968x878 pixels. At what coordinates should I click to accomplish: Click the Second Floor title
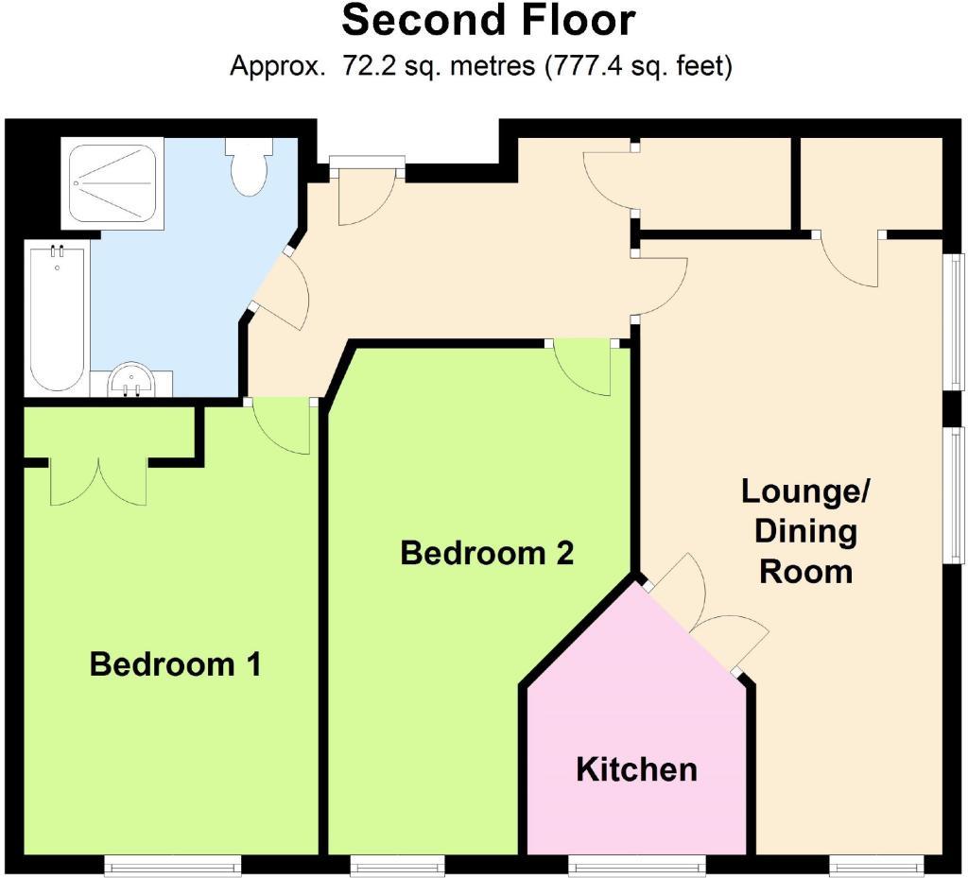pyautogui.click(x=488, y=21)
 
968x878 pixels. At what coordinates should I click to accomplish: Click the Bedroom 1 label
pyautogui.click(x=175, y=664)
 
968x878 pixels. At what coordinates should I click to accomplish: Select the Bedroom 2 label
pyautogui.click(x=487, y=553)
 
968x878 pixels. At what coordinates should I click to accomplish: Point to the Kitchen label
pyautogui.click(x=636, y=769)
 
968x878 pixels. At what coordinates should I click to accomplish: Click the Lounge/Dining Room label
pyautogui.click(x=806, y=531)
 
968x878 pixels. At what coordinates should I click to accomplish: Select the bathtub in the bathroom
pyautogui.click(x=58, y=318)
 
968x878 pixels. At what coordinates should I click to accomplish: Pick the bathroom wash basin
pyautogui.click(x=131, y=381)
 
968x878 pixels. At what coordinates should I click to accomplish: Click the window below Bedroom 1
pyautogui.click(x=172, y=864)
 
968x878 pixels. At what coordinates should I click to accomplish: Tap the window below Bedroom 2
pyautogui.click(x=397, y=864)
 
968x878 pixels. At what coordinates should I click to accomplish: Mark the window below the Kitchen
pyautogui.click(x=636, y=864)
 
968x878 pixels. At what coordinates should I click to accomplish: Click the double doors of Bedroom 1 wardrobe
pyautogui.click(x=98, y=480)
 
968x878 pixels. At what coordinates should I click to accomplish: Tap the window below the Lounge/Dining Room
pyautogui.click(x=875, y=864)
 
